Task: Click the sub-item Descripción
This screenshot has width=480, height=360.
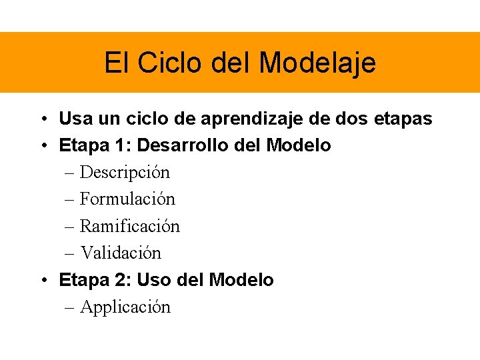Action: pos(125,173)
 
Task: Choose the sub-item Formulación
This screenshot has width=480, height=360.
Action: pos(127,199)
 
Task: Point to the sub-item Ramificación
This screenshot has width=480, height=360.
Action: pos(129,226)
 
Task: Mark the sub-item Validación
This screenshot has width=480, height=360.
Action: pos(121,253)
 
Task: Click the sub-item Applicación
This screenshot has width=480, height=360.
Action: pos(125,307)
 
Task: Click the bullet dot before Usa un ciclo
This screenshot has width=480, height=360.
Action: pos(41,120)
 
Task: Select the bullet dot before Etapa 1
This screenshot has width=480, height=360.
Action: pos(41,146)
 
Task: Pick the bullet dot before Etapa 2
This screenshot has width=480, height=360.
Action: pos(41,281)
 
